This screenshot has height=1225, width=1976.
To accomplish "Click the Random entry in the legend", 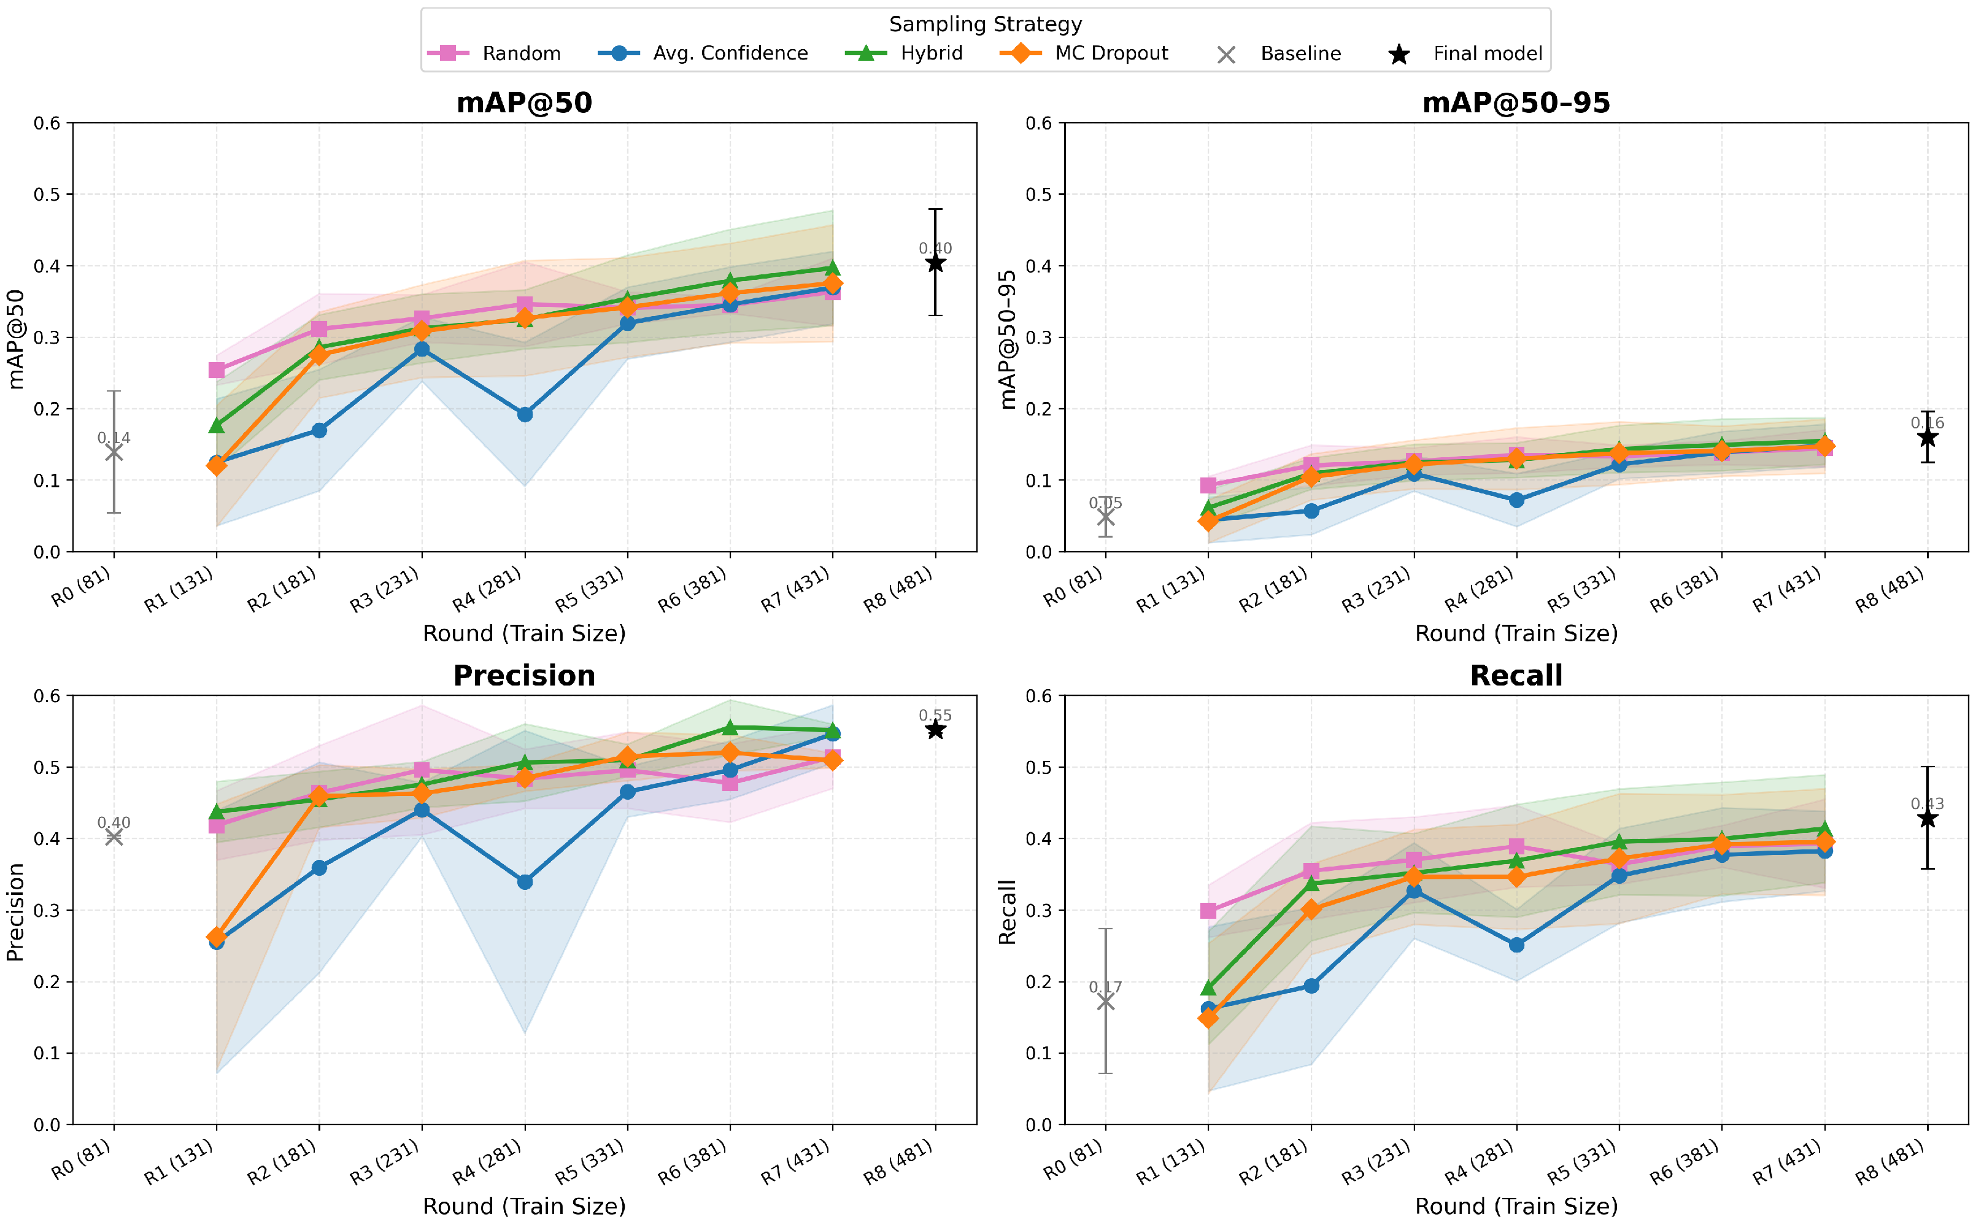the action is (494, 53).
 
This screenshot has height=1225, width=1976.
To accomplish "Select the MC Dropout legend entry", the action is (1084, 53).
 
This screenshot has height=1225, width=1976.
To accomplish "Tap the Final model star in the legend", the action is (1399, 54).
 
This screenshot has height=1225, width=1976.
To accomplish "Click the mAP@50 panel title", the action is (524, 103).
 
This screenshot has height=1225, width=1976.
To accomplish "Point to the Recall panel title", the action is (1516, 675).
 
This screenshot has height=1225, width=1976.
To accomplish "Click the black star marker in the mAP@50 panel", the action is (935, 263).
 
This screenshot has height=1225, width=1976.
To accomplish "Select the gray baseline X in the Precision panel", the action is (114, 837).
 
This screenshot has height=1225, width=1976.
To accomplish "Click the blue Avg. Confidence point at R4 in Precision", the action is (525, 881).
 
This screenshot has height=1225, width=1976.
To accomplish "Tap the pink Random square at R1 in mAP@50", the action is (216, 370).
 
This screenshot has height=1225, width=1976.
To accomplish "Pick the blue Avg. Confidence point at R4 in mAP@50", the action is (525, 415).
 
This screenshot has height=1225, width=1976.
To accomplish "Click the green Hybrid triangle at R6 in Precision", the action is (730, 727).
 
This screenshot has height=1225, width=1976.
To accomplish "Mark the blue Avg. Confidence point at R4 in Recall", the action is (1517, 945).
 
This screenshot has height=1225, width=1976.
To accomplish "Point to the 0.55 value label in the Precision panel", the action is (935, 716).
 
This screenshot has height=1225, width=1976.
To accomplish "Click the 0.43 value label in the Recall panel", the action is (1928, 804).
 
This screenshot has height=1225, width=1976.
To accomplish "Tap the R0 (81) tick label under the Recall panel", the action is (1074, 1159).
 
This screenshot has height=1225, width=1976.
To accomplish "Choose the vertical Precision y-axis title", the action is (15, 911).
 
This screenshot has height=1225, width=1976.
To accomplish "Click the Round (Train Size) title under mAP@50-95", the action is (1516, 633).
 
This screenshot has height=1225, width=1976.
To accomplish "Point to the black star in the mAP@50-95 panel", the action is (1928, 438).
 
